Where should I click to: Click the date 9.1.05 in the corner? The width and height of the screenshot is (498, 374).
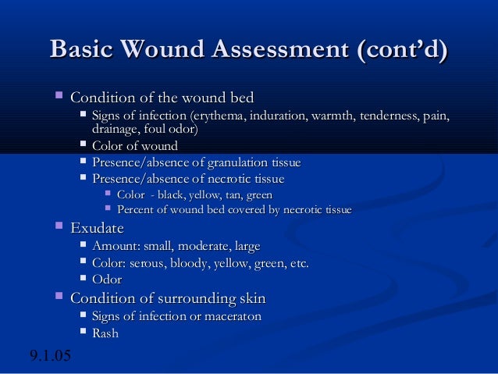coord(50,357)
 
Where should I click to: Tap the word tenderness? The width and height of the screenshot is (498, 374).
coord(387,117)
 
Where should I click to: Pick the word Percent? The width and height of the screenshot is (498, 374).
coord(137,210)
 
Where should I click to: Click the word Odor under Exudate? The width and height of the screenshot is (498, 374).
coord(107,280)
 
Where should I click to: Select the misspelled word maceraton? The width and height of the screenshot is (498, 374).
coord(230,316)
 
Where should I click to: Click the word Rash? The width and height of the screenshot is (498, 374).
coord(105,333)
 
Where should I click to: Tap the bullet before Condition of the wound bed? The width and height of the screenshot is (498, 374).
coord(58,98)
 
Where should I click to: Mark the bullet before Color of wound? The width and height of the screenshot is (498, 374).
coord(83,145)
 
